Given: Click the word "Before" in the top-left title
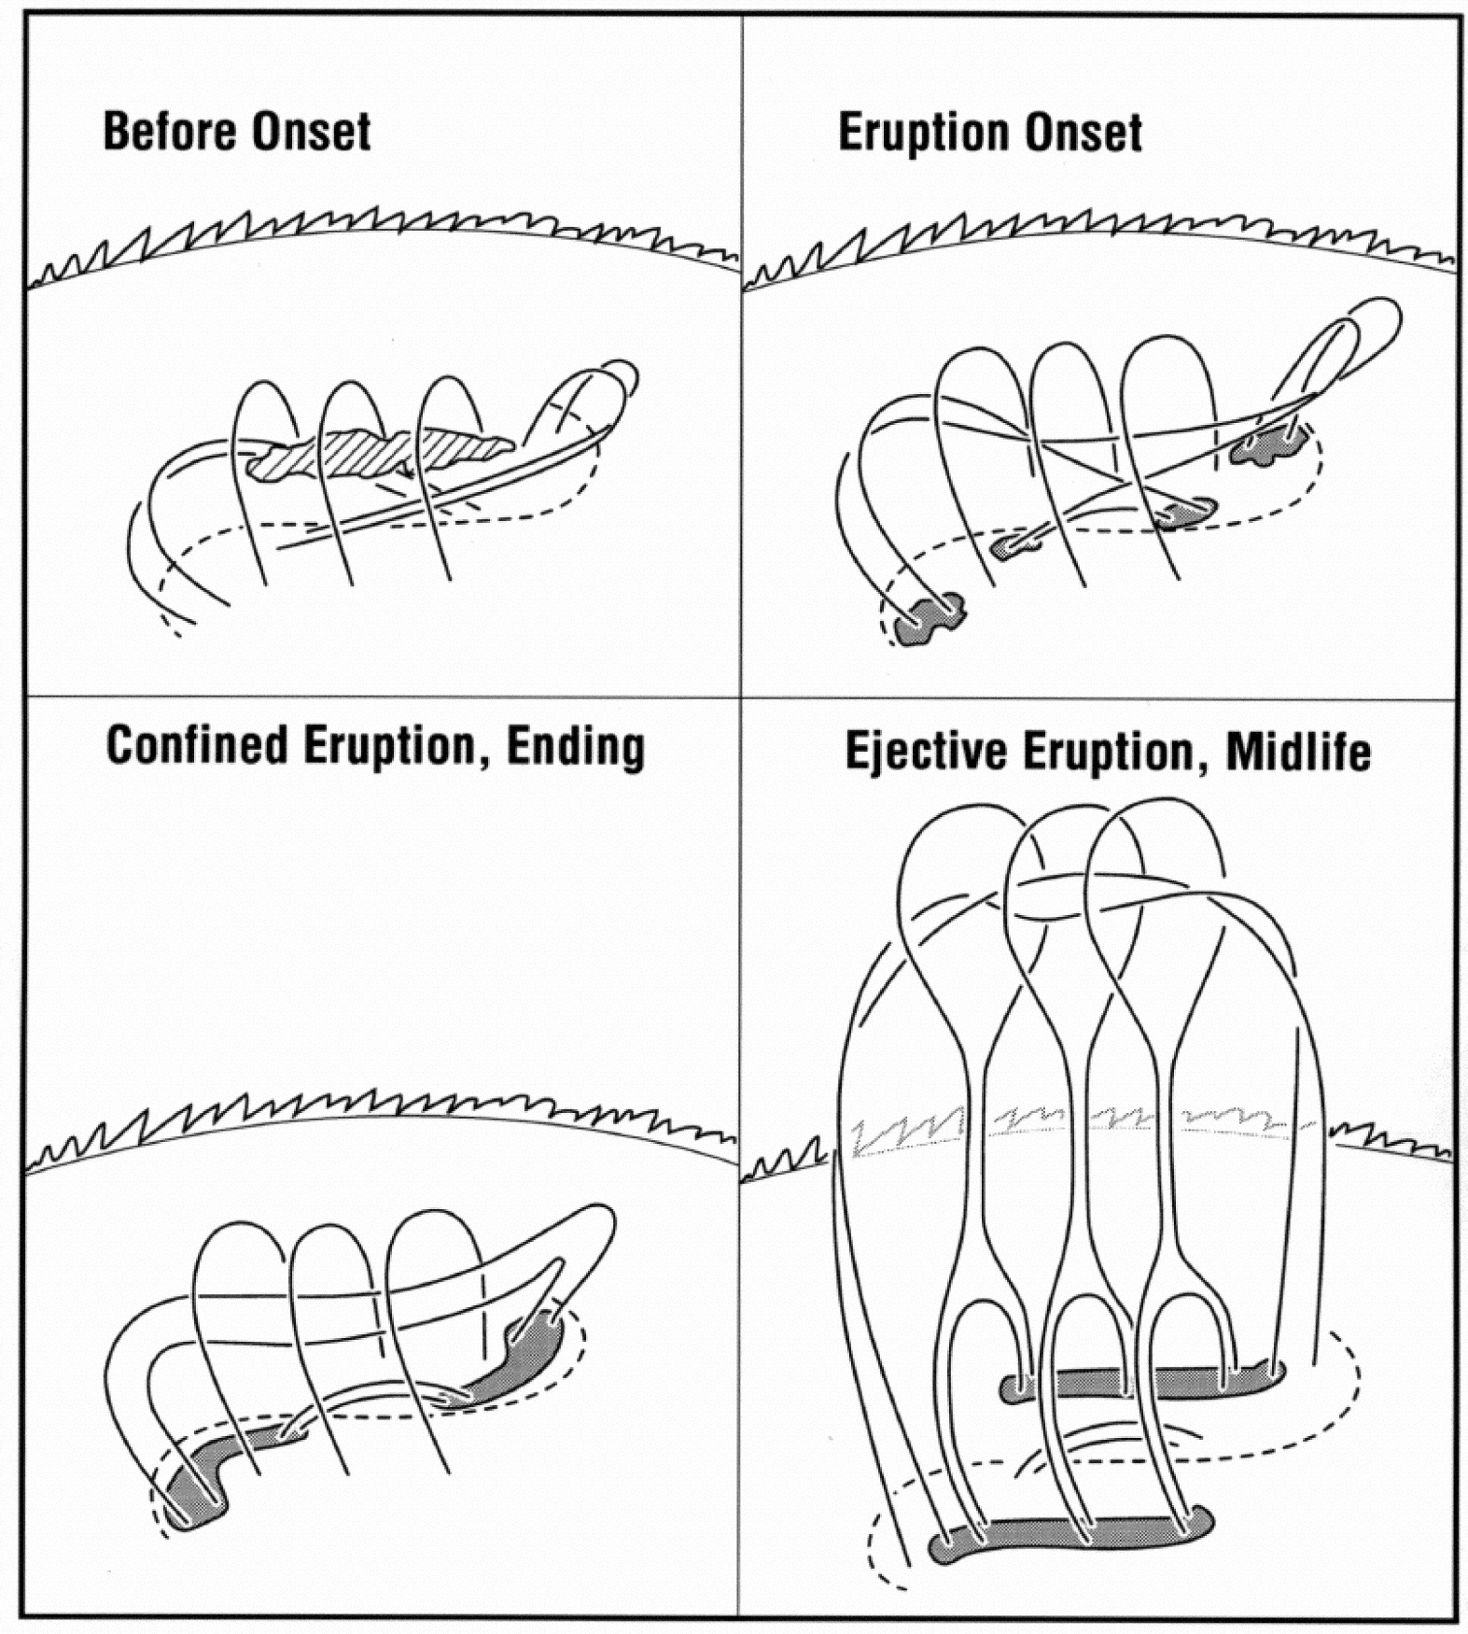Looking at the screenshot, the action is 170,131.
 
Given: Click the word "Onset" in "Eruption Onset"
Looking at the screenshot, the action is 1083,132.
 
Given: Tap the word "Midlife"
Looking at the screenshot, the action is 1298,751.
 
